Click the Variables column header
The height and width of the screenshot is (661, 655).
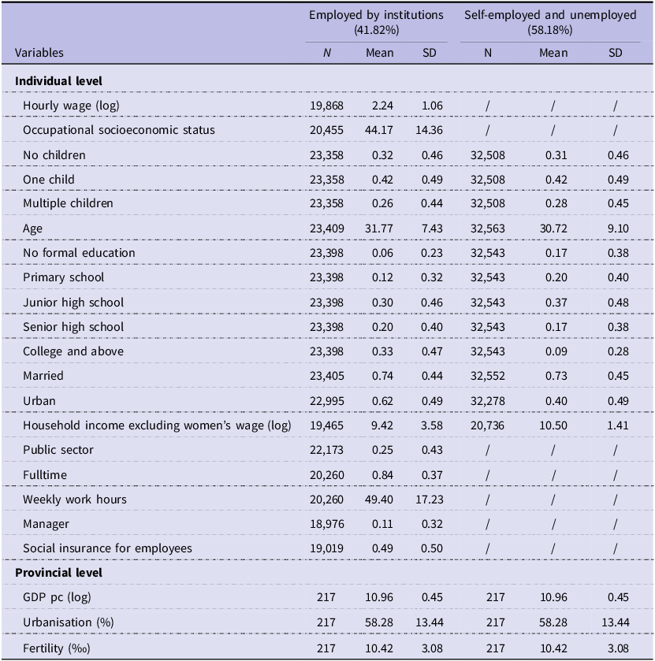click(39, 53)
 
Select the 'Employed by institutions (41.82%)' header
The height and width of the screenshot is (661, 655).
click(376, 22)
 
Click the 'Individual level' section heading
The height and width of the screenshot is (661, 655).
click(58, 81)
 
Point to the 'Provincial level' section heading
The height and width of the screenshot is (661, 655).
click(58, 573)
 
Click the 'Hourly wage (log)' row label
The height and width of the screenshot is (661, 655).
click(71, 106)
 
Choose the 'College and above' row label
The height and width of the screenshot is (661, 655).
click(73, 351)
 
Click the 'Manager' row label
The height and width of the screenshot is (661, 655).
click(46, 524)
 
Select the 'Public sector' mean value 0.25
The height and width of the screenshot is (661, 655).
click(382, 450)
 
